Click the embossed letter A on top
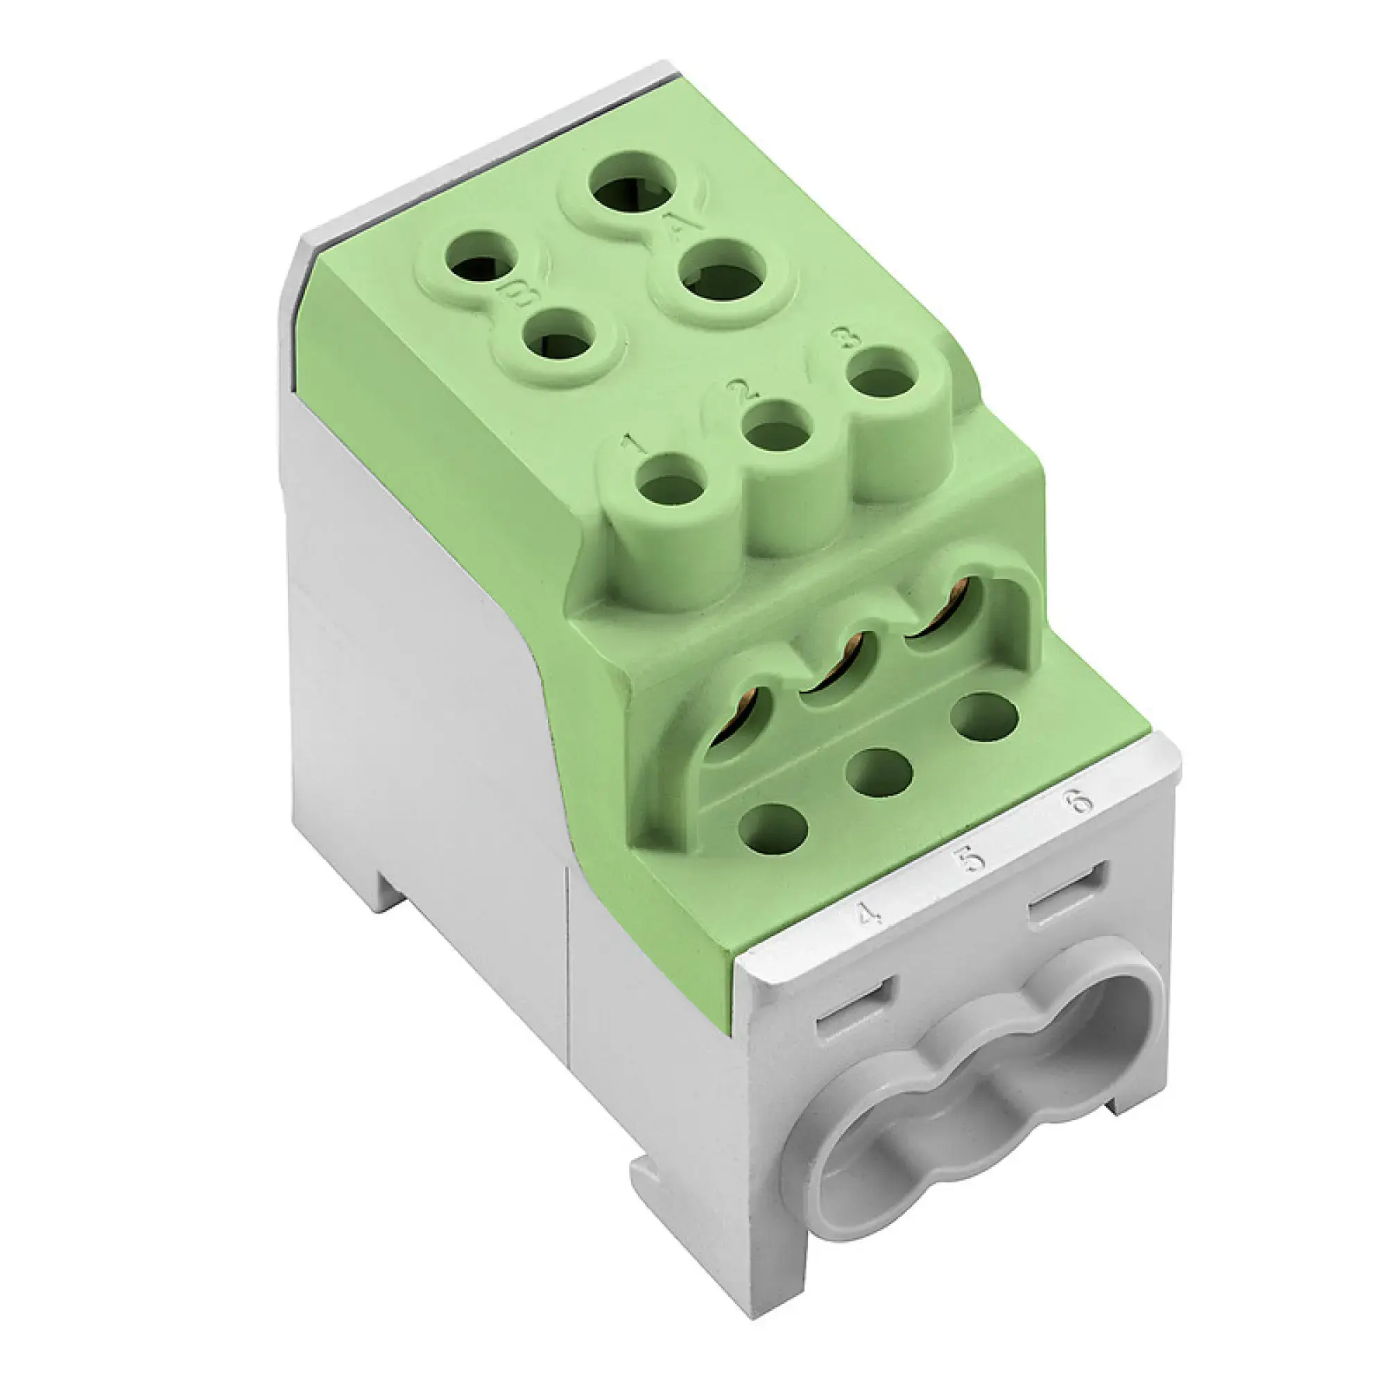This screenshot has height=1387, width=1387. pyautogui.click(x=675, y=228)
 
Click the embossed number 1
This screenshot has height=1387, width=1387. pyautogui.click(x=633, y=446)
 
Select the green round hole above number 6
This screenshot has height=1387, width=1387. pyautogui.click(x=984, y=717)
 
